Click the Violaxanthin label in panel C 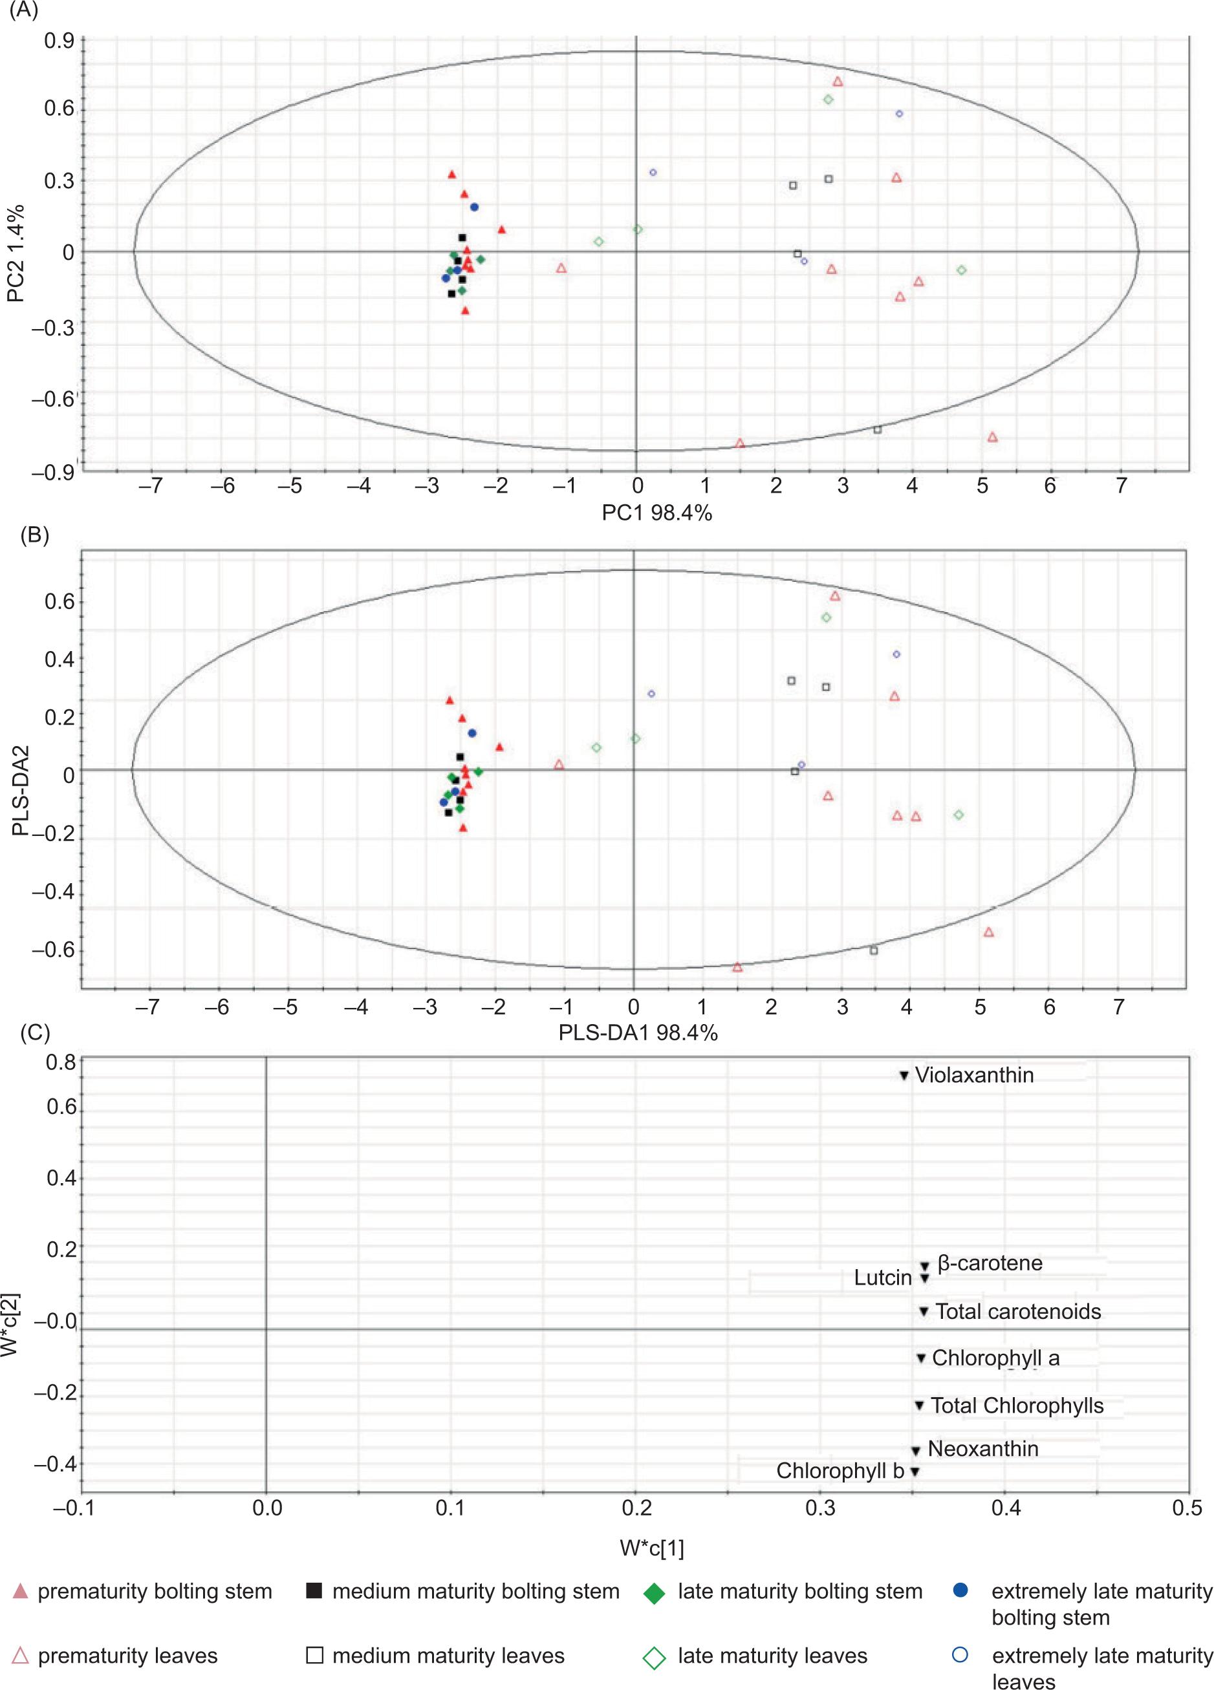[973, 1075]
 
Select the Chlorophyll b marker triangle [915, 1471]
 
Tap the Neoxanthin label [982, 1449]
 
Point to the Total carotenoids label [1017, 1312]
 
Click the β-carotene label [990, 1263]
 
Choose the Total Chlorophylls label [1017, 1406]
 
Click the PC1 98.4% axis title [656, 513]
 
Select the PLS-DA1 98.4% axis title [638, 1032]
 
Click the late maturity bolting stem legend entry [799, 1592]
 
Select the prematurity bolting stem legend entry [155, 1592]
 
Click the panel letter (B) [34, 535]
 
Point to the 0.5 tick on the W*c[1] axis [1186, 1508]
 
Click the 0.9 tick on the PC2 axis [59, 40]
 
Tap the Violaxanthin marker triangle [904, 1075]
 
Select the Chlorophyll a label [995, 1358]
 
